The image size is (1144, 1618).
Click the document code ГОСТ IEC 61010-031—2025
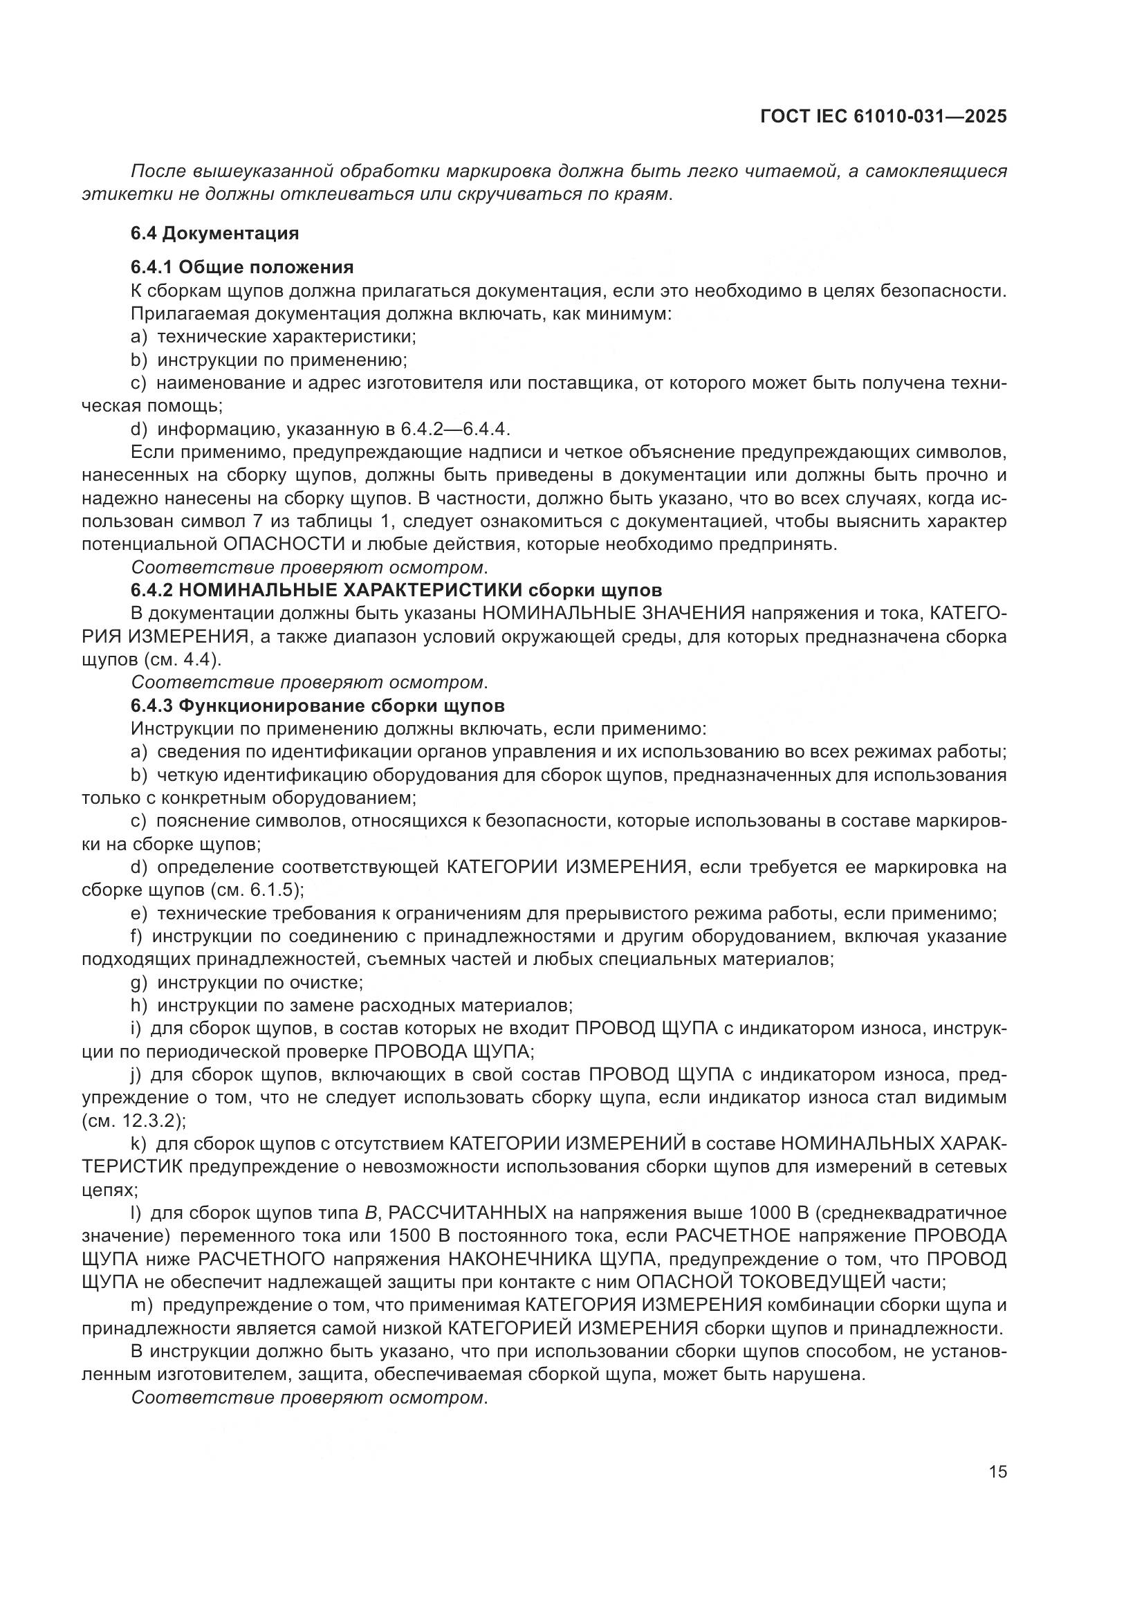(883, 117)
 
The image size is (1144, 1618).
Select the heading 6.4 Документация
(215, 232)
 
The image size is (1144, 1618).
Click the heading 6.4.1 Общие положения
(241, 267)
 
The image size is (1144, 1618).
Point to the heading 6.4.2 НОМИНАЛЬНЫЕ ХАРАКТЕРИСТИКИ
(396, 589)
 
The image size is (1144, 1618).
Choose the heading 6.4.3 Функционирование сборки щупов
(317, 706)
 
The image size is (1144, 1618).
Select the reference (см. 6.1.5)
(257, 890)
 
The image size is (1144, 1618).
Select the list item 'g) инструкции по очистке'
(247, 982)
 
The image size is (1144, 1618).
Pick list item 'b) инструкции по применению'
(268, 360)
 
